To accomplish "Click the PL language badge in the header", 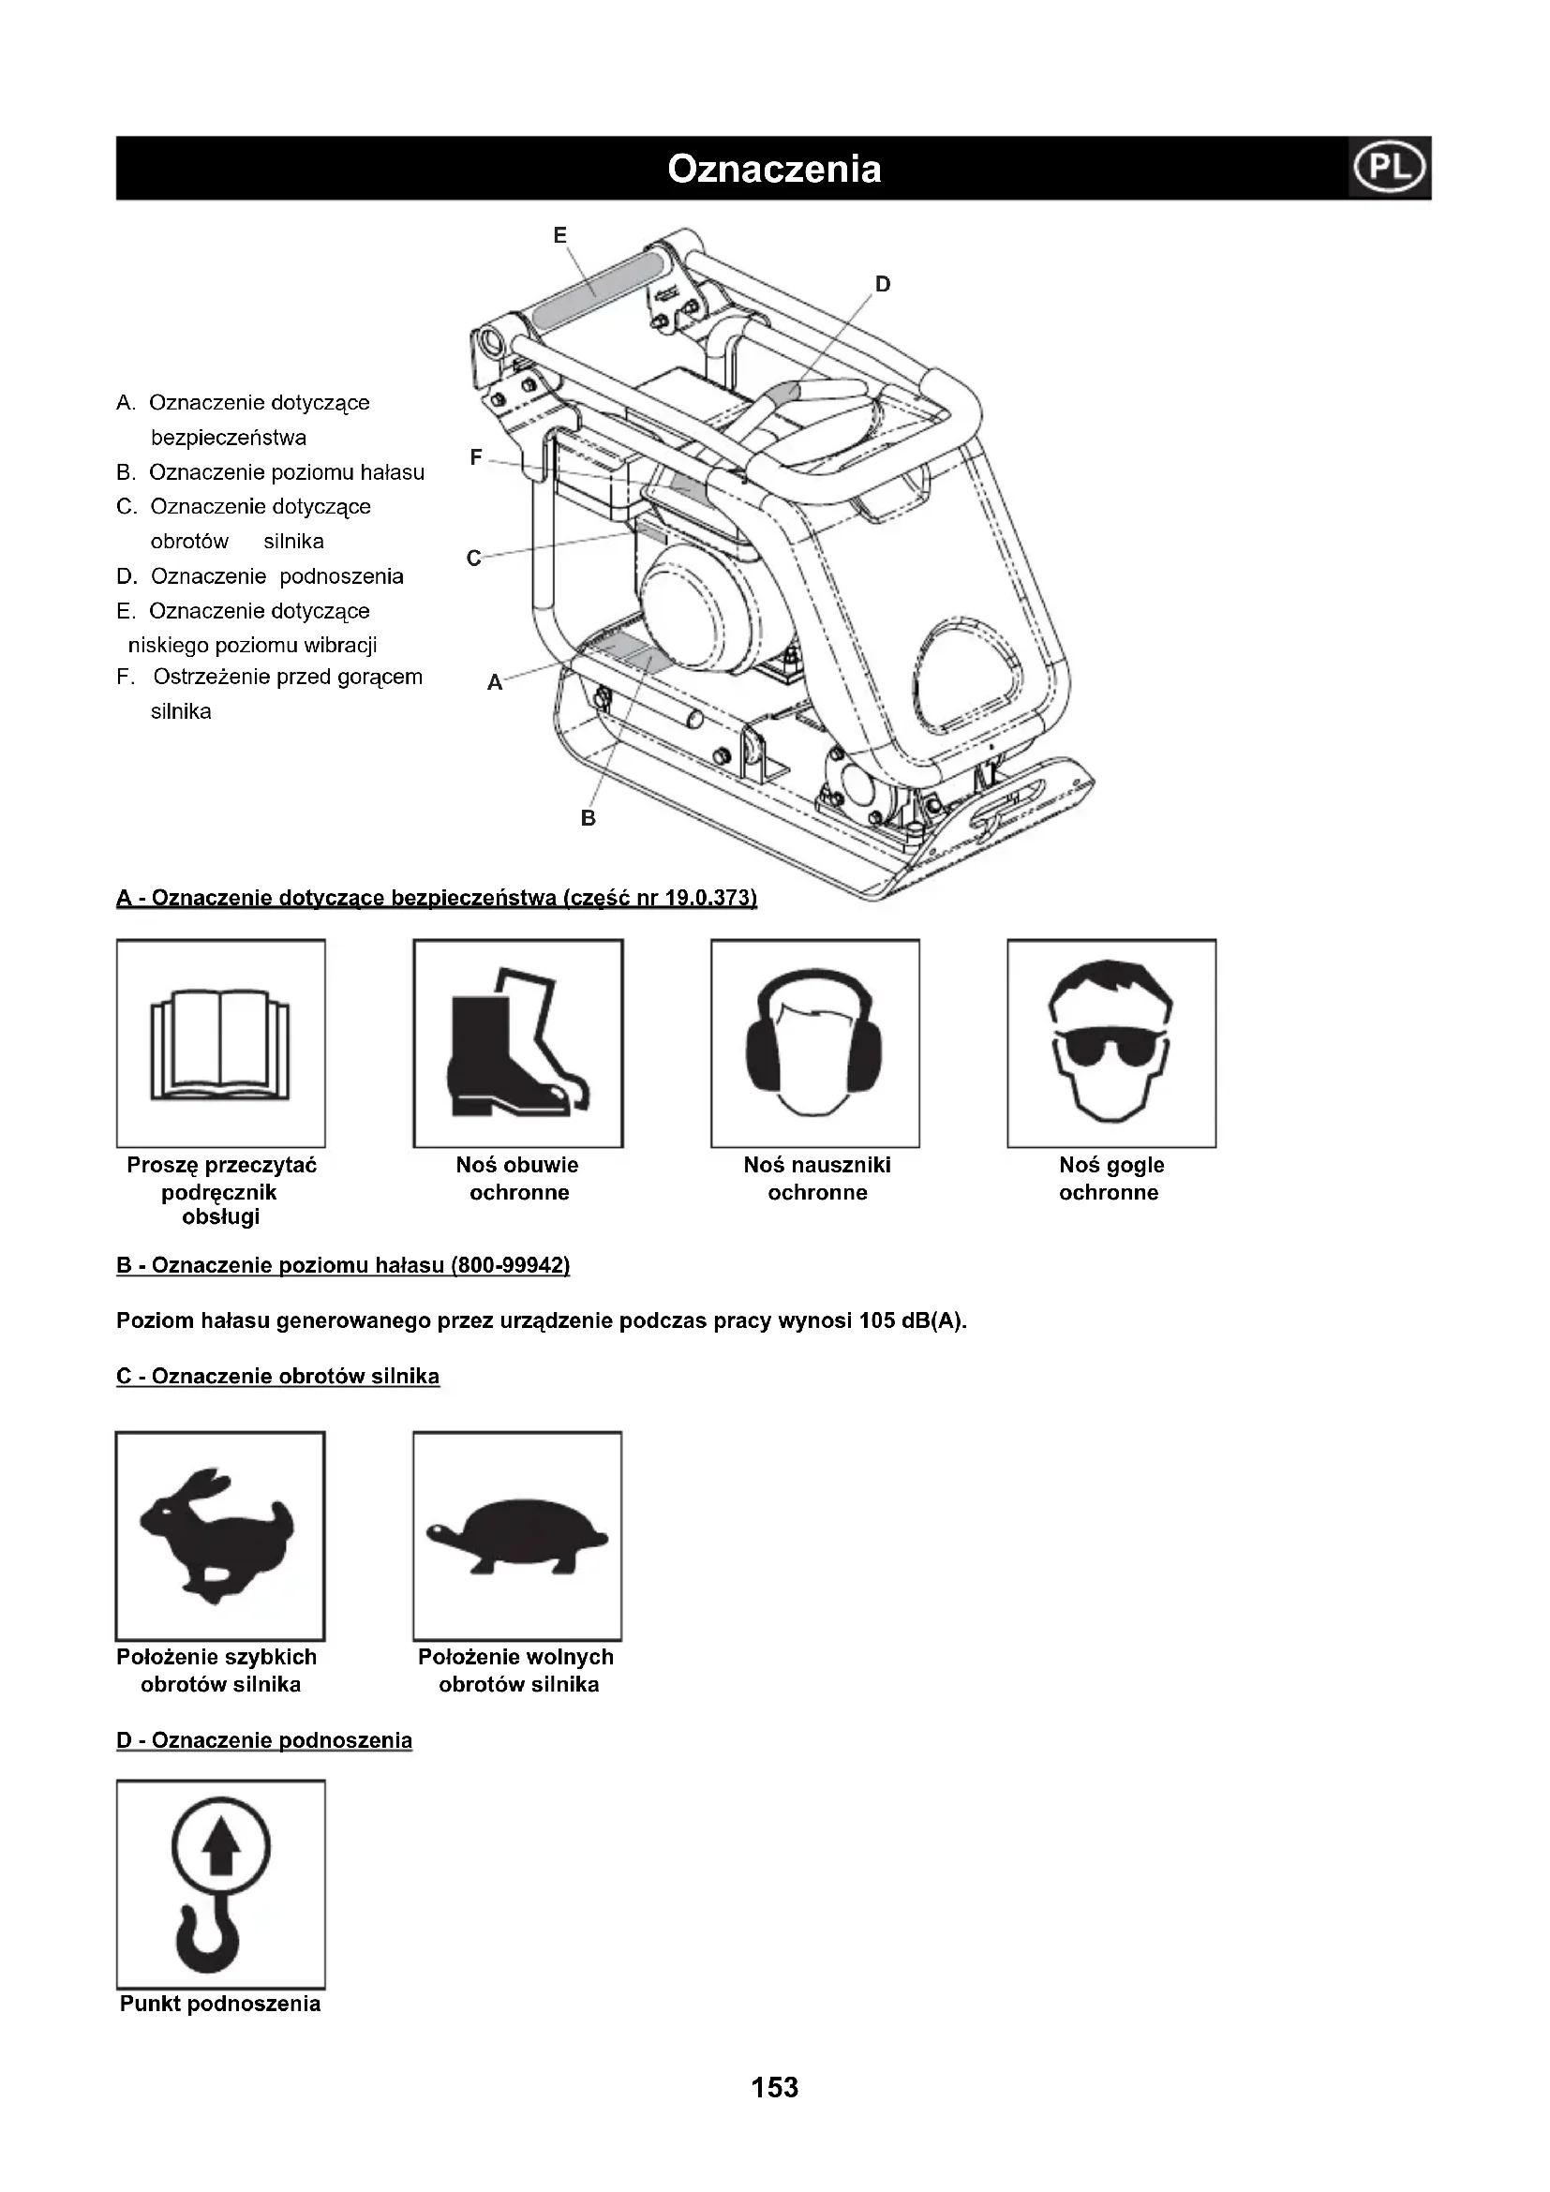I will [1390, 168].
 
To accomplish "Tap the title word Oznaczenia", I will [774, 169].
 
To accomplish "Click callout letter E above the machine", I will [560, 235].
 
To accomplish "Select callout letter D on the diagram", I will [883, 284].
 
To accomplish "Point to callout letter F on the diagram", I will [476, 457].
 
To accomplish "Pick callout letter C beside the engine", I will [473, 559].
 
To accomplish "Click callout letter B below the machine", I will [588, 818].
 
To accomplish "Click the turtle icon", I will [517, 1536].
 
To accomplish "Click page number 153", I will [774, 2088].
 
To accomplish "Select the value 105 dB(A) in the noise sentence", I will [913, 1321].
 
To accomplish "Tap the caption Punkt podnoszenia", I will [220, 2004].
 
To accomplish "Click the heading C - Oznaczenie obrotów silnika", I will [277, 1377].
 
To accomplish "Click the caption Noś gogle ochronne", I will [1110, 1178].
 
